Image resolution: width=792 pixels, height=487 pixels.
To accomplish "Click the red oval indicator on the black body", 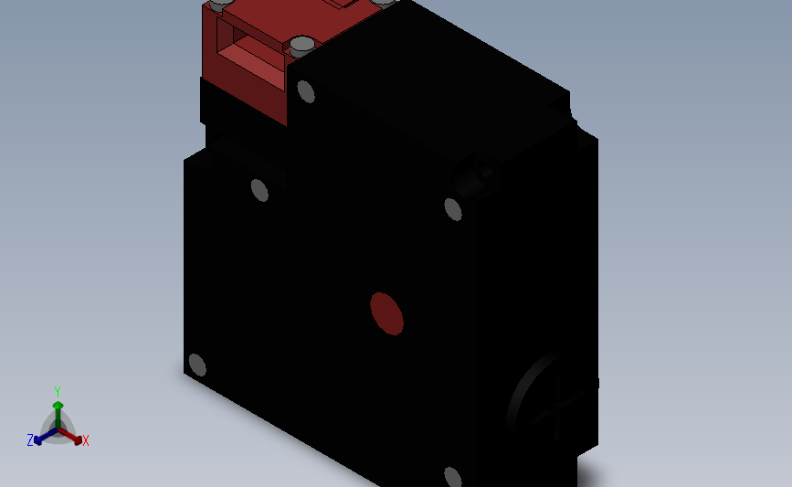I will click(x=386, y=313).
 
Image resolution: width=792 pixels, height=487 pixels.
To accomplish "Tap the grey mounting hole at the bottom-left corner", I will click(x=195, y=365).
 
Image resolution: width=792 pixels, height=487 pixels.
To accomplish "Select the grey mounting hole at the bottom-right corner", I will click(x=451, y=477).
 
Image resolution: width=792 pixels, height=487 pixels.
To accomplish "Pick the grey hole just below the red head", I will click(x=260, y=190).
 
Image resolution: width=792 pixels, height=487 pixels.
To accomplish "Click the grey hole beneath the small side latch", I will click(x=453, y=208).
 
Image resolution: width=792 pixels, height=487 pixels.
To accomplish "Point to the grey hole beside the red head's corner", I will click(x=306, y=91).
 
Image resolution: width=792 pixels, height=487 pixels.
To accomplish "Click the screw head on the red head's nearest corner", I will click(x=301, y=44).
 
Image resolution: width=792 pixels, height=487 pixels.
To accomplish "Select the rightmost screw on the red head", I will click(x=387, y=4).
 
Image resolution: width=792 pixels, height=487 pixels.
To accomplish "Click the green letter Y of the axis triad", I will click(x=58, y=391).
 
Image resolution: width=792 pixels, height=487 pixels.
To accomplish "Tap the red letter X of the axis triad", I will click(x=86, y=441).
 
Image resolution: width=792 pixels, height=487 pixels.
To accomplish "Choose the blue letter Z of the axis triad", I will click(x=30, y=440).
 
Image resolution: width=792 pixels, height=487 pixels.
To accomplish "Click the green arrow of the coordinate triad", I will click(x=58, y=410).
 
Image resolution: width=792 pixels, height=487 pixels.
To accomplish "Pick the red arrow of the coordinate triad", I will click(x=73, y=436).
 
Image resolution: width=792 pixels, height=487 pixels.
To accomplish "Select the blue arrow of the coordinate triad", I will click(x=42, y=437).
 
